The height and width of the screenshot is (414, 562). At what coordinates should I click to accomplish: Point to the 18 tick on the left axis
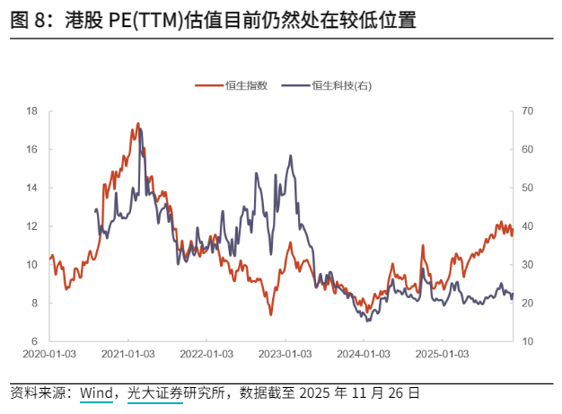coord(31,111)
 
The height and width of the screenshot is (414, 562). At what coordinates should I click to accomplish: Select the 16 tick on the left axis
coord(31,149)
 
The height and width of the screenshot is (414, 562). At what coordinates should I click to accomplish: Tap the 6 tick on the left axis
coord(34,341)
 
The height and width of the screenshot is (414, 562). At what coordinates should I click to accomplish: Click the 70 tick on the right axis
coord(528,111)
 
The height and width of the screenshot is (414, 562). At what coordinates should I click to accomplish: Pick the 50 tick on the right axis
coord(528,188)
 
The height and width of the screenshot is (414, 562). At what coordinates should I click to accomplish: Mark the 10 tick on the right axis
coord(528,341)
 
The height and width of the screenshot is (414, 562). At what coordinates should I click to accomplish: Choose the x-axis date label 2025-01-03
coord(443,354)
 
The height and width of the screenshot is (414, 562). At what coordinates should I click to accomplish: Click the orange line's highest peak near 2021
coord(138,123)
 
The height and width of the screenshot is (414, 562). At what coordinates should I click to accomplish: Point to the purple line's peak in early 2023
coord(290,155)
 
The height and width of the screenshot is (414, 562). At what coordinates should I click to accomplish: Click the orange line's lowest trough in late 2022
coord(270,314)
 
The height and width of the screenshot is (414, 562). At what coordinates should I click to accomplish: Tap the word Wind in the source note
coord(95,393)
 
